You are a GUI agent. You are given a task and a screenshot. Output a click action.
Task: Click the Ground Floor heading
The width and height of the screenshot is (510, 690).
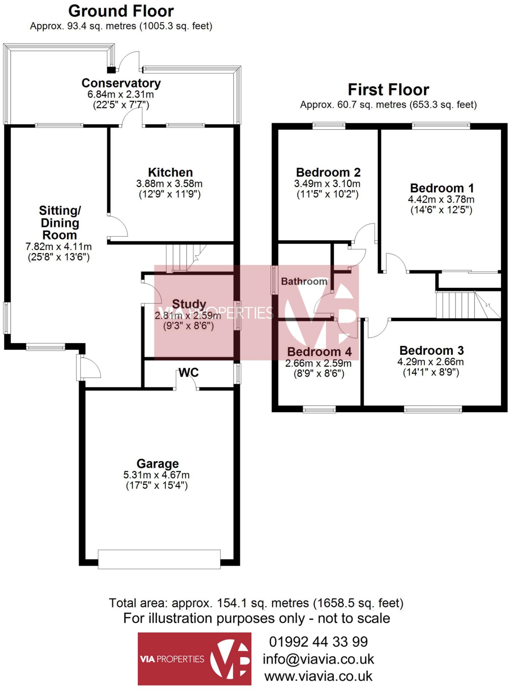point(121,11)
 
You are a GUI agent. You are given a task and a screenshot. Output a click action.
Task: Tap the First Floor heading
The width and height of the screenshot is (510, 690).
point(388,90)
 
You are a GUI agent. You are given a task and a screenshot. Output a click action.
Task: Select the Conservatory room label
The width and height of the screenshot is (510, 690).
point(121,83)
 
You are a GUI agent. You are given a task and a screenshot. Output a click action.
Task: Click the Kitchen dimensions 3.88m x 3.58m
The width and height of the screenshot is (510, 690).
point(169,184)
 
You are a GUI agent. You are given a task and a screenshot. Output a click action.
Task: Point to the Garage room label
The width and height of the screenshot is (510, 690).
point(157,464)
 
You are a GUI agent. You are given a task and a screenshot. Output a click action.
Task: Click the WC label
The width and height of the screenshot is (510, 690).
point(189,372)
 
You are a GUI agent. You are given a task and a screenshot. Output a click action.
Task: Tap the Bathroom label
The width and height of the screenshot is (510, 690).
point(304,281)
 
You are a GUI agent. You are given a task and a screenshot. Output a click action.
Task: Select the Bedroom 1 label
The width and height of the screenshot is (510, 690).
point(442,188)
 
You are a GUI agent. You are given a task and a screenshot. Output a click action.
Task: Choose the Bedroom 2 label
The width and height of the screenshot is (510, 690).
point(328,172)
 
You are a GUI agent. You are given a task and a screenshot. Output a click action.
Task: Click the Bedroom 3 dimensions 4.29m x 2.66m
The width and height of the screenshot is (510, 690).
point(431,362)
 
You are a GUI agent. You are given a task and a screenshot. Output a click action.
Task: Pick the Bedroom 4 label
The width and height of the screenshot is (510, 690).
point(319,352)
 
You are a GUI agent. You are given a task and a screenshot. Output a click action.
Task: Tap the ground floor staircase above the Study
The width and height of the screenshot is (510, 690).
point(182,258)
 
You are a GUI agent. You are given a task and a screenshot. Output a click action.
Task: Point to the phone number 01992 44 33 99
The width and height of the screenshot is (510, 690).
point(318,642)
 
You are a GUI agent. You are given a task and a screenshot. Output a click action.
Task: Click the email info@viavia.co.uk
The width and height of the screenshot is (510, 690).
point(318,659)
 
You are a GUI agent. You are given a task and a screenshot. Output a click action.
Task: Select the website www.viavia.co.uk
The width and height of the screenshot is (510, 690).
point(318,676)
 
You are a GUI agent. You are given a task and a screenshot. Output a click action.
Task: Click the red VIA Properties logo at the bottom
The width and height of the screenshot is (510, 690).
point(194,659)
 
